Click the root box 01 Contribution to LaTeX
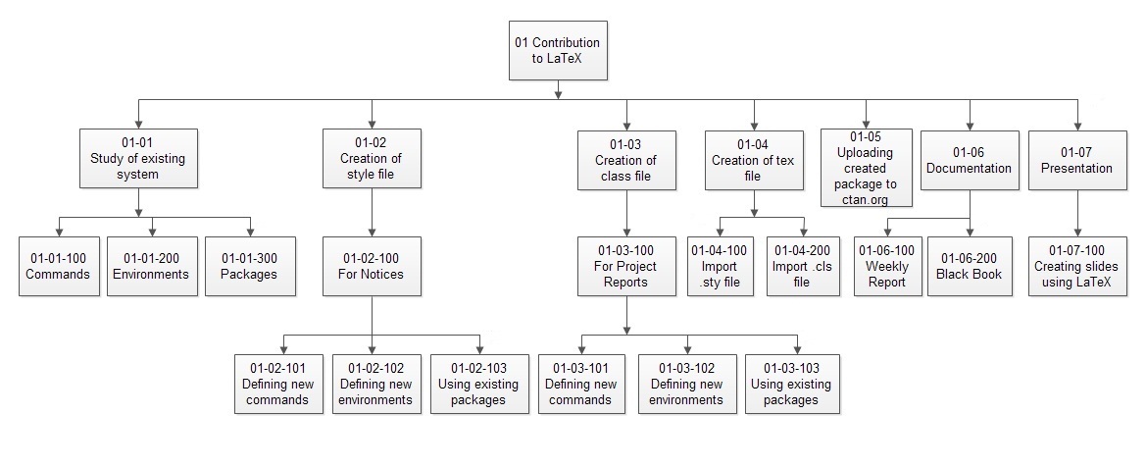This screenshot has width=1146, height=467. coord(557,51)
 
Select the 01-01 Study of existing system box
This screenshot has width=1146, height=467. coord(137,158)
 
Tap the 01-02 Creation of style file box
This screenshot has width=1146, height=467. coord(371,158)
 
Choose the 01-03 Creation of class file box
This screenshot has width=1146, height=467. coord(625,160)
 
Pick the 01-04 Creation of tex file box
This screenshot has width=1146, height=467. coord(752,160)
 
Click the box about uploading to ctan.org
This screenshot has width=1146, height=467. coord(866,168)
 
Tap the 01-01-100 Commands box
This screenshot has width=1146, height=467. coord(59,266)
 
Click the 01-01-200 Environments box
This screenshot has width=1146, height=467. coord(151,266)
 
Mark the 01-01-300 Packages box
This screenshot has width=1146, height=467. coord(249,266)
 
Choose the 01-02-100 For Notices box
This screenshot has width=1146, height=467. coord(371,266)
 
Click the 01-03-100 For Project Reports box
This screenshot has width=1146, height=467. coord(625,267)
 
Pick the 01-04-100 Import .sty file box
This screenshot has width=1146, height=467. coord(721,267)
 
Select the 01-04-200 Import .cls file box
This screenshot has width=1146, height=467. coord(803,267)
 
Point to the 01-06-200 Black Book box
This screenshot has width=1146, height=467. coord(969,267)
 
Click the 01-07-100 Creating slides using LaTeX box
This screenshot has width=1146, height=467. coord(1077,267)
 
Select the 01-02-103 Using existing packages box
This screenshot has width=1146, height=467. coord(479,383)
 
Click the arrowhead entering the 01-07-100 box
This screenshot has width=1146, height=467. coord(1077,232)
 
